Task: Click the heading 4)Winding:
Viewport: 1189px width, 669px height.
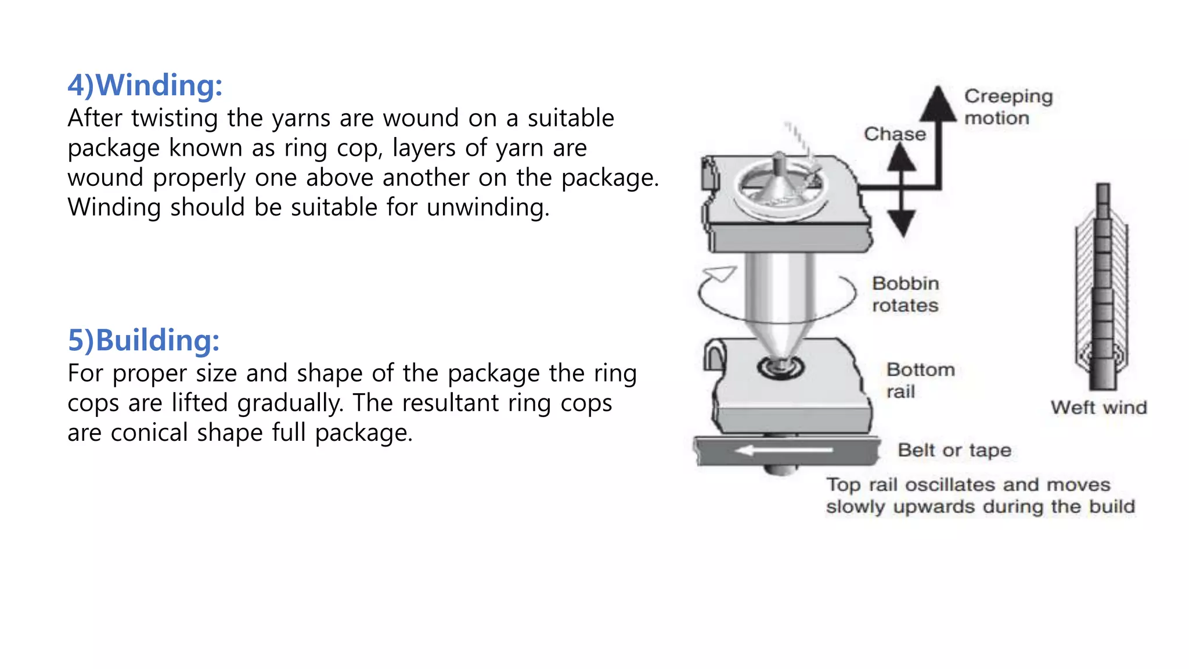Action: [145, 85]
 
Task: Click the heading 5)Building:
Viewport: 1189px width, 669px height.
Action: [143, 340]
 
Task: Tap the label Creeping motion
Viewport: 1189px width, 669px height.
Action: [1008, 107]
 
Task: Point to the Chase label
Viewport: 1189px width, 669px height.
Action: [895, 134]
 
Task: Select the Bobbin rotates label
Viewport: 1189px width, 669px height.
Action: [905, 294]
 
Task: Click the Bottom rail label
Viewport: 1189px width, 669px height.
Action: [920, 380]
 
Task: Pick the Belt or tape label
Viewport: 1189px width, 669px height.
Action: [954, 450]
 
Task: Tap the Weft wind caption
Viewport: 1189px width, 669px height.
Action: [1098, 408]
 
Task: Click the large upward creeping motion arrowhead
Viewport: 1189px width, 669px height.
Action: [938, 105]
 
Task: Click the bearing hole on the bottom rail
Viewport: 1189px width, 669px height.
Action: [780, 367]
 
